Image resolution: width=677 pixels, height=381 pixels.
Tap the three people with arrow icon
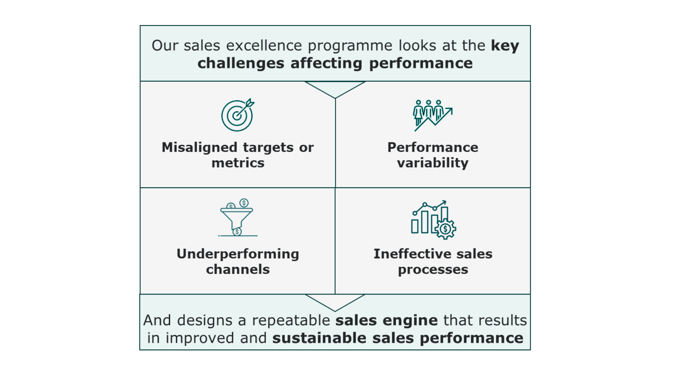tap(433, 115)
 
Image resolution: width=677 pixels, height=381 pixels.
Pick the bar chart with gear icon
tap(433, 220)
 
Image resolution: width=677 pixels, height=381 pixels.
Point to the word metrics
tap(238, 163)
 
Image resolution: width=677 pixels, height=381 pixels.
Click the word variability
tap(433, 163)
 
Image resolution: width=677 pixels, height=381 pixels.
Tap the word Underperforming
tap(238, 254)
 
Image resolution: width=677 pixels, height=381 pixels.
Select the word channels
tap(238, 270)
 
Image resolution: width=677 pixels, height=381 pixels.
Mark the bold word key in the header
tap(505, 46)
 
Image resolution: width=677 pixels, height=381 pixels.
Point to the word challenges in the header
tap(241, 64)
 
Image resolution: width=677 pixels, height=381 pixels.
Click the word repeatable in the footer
tap(291, 321)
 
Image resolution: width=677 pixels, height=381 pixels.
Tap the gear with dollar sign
tap(445, 229)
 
